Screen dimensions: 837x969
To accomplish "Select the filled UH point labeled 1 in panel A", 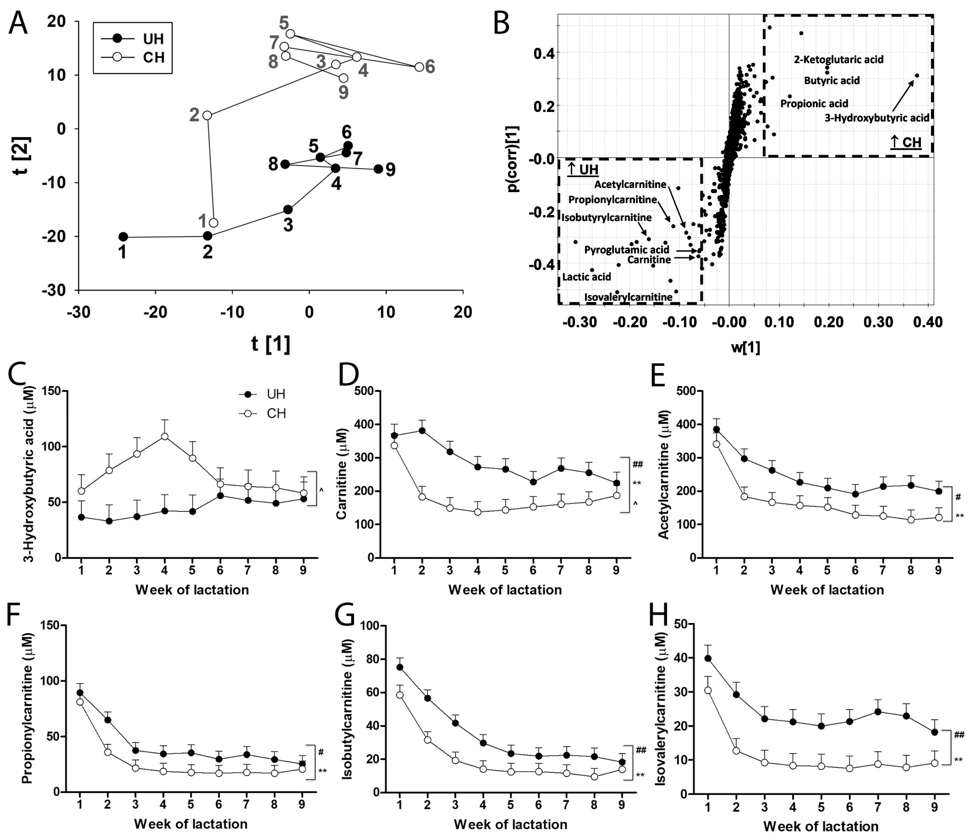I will coord(123,237).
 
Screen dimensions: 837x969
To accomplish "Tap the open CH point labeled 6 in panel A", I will coord(419,67).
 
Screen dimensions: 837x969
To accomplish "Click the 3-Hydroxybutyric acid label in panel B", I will coord(876,118).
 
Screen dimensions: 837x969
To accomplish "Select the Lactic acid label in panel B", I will coord(586,277).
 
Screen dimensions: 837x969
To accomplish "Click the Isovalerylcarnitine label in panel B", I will coord(628,297).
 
